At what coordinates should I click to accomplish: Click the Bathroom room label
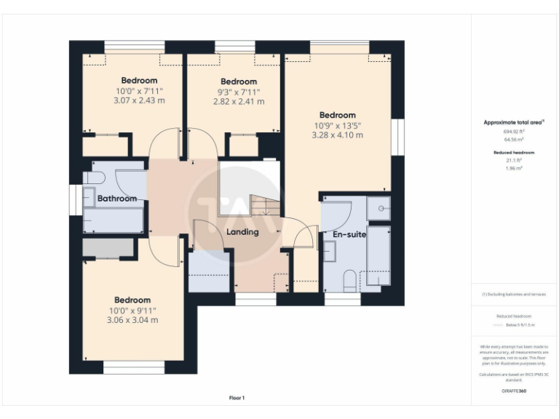pyautogui.click(x=116, y=198)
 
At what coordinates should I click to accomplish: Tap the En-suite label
pyautogui.click(x=349, y=234)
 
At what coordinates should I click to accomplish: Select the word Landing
pyautogui.click(x=242, y=232)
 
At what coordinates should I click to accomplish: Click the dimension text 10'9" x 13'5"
pyautogui.click(x=337, y=125)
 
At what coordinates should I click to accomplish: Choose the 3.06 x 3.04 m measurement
pyautogui.click(x=132, y=320)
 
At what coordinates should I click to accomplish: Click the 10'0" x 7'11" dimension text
pyautogui.click(x=139, y=91)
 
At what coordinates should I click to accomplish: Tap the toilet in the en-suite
pyautogui.click(x=349, y=279)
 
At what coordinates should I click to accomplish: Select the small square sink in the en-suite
pyautogui.click(x=378, y=208)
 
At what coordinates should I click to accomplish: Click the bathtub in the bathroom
pyautogui.click(x=113, y=220)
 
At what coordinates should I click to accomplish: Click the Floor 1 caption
pyautogui.click(x=237, y=398)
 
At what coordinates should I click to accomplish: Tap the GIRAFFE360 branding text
pyautogui.click(x=513, y=391)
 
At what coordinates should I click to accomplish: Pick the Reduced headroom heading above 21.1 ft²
pyautogui.click(x=513, y=152)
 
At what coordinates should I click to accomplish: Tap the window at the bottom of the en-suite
pyautogui.click(x=342, y=299)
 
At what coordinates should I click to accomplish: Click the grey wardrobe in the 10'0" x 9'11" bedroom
pyautogui.click(x=108, y=248)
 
